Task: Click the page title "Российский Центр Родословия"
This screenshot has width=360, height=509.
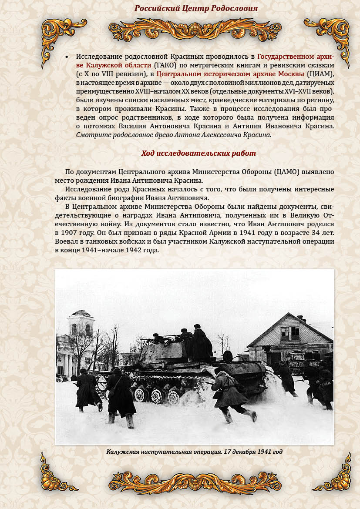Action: coord(196,8)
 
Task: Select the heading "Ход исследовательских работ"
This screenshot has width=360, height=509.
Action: coord(199,153)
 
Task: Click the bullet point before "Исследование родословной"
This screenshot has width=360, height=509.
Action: coord(67,57)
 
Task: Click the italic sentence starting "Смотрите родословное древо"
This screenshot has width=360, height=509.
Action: coord(173,134)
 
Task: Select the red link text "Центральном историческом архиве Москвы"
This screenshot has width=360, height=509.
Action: coord(231,74)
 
